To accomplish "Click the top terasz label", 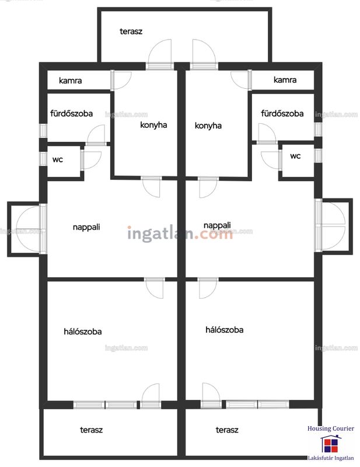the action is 131,32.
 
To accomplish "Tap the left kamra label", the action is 70,81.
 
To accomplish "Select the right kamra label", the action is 285,80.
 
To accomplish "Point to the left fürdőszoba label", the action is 71,113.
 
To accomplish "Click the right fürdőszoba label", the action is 282,113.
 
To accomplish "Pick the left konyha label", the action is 153,125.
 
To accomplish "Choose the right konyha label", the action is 208,126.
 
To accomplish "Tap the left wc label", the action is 58,159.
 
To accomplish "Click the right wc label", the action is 295,156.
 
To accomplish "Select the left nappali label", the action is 86,227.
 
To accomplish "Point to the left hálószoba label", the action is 83,332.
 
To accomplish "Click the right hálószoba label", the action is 225,330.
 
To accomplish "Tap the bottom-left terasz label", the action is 92,430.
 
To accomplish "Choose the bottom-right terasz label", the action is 227,430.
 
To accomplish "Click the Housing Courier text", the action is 331,428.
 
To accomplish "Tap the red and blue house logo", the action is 331,444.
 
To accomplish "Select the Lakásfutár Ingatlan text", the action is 331,458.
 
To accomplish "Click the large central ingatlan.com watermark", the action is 180,233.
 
